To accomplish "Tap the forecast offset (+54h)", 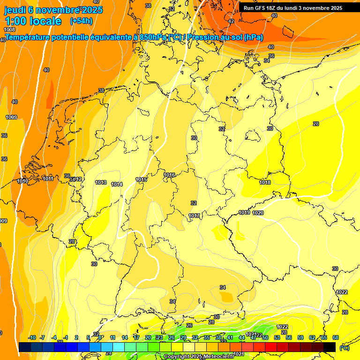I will (81, 21).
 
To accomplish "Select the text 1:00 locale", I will (33, 21).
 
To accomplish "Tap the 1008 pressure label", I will (9, 30).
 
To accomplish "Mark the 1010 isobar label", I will (22, 181).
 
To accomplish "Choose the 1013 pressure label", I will (101, 182).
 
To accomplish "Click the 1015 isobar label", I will (142, 180).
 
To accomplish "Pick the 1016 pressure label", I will (170, 175).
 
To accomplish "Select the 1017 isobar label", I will (195, 216).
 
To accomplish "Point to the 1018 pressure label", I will (265, 182).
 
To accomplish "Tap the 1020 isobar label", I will (258, 213).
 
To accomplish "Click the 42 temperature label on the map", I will (231, 21).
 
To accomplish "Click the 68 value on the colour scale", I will (336, 337).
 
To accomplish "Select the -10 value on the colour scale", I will (32, 337).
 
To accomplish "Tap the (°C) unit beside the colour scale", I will (345, 347).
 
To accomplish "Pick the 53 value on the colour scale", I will (277, 337).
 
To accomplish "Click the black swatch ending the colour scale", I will (330, 347).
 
